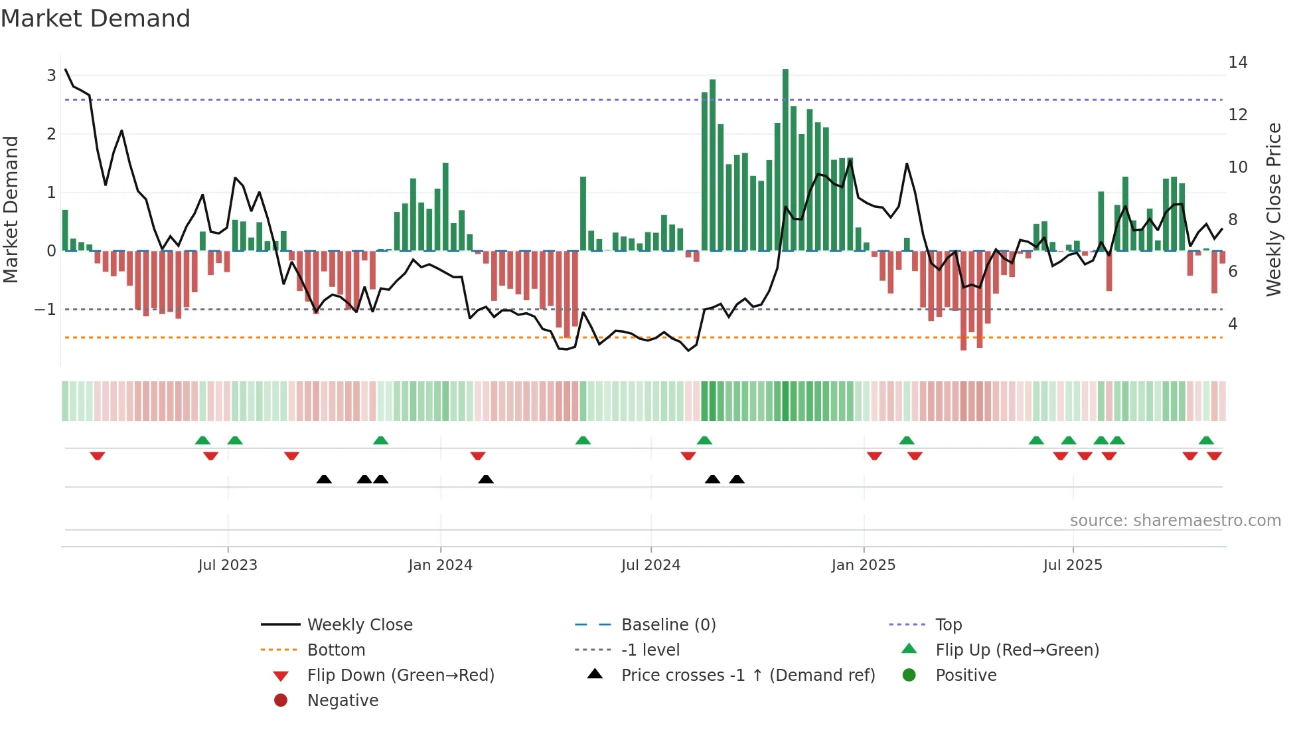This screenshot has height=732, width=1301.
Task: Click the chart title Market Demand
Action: (96, 19)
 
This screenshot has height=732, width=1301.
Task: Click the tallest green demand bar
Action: (785, 159)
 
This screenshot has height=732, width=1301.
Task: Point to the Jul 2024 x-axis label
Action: (650, 565)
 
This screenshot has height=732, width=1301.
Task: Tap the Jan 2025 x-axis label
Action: (863, 565)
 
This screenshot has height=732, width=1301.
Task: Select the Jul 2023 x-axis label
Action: (228, 565)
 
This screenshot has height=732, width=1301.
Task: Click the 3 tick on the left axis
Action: (51, 76)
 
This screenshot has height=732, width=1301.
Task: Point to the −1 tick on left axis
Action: (45, 310)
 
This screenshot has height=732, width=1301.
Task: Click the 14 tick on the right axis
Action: (1237, 62)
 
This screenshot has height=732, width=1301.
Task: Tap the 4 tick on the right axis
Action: (1233, 324)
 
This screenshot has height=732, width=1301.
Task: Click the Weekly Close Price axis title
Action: (1273, 209)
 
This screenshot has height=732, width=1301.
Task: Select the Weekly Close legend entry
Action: (359, 625)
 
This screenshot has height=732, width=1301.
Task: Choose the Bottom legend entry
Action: (336, 650)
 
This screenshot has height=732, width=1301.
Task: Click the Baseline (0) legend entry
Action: (668, 625)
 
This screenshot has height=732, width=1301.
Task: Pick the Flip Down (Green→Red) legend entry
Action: (400, 676)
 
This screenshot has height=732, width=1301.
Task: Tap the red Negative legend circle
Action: (281, 701)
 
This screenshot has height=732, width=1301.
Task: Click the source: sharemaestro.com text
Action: (1175, 521)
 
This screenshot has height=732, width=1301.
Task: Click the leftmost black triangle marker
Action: (324, 479)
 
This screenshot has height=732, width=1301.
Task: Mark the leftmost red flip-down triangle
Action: (98, 456)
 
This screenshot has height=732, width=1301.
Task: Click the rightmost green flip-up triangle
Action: (1206, 440)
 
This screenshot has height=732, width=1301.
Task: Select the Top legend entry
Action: (948, 625)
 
